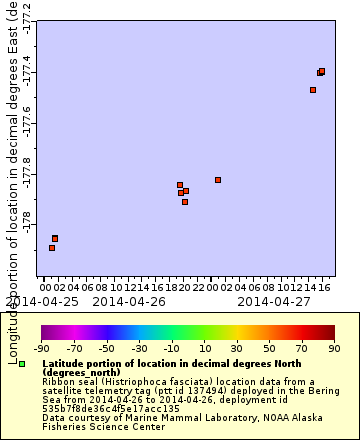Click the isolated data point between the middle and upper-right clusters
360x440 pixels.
218,180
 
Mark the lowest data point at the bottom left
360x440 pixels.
52,247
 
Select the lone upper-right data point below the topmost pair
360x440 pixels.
313,90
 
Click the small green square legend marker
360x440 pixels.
20,363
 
